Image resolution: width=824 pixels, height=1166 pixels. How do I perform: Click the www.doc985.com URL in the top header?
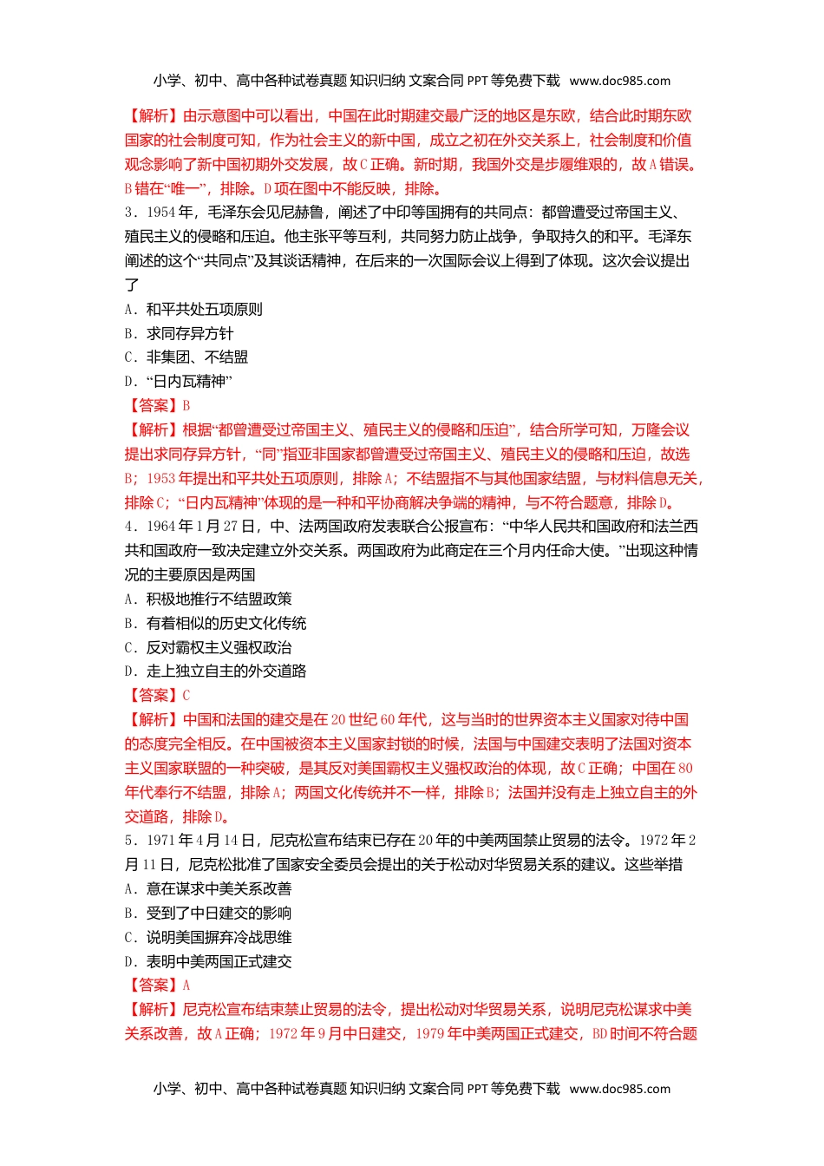click(619, 81)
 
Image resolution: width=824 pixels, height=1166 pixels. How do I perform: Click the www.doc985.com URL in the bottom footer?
click(619, 1089)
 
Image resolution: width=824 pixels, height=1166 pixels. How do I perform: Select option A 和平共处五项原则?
click(193, 310)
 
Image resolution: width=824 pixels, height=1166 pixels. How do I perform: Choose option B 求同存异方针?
click(179, 334)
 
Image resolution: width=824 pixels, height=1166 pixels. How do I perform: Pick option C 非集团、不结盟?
click(186, 357)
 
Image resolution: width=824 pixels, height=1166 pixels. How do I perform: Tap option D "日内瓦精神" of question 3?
click(179, 382)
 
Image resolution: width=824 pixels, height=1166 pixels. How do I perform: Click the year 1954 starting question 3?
click(161, 213)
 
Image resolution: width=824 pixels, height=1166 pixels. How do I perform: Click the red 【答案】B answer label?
click(158, 406)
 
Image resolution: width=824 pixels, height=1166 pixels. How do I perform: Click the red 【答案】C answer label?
click(158, 696)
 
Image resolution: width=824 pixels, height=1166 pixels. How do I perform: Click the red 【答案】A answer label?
click(158, 986)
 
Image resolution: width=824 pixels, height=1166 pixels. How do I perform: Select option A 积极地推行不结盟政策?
click(208, 599)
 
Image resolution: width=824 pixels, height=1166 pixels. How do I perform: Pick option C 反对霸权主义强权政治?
click(208, 648)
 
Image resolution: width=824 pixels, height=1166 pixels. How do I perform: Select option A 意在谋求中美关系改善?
click(208, 889)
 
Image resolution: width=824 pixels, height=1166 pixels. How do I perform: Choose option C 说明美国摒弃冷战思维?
click(208, 938)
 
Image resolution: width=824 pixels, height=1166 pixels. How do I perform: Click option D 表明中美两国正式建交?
click(208, 962)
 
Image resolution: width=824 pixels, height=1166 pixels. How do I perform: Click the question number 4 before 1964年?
click(129, 527)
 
